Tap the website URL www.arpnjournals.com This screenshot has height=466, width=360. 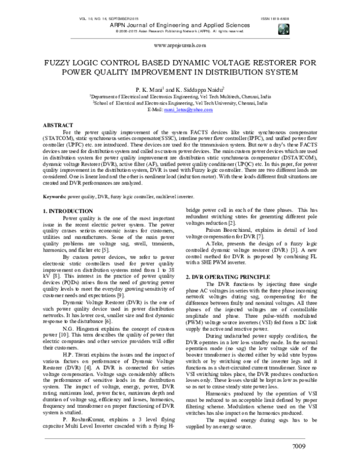pyautogui.click(x=179, y=45)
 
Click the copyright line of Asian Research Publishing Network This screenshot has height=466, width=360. pyautogui.click(x=179, y=31)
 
